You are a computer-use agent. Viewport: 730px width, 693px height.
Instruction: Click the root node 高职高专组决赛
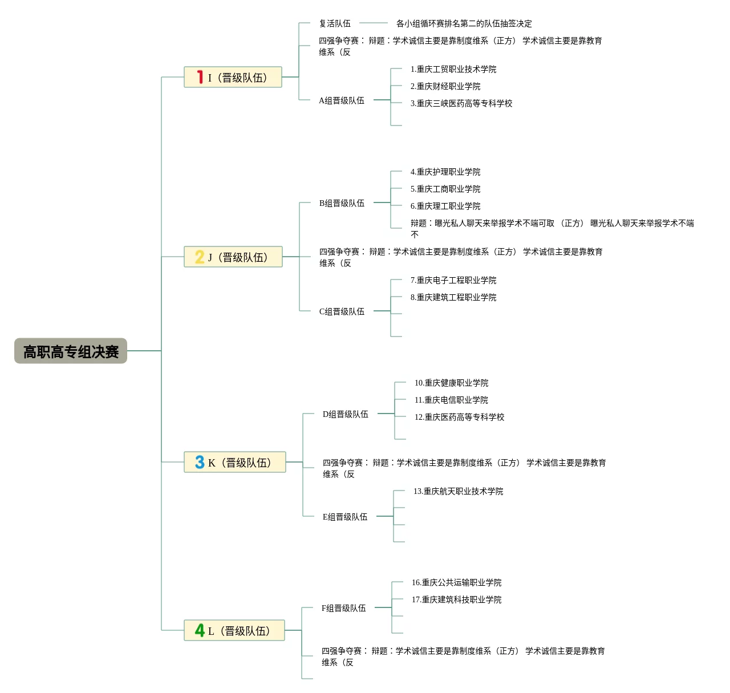71,351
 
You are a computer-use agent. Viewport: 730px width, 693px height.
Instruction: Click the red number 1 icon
200,77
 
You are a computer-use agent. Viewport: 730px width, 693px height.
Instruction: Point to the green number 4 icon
200,630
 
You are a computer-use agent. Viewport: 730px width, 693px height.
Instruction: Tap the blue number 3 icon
200,462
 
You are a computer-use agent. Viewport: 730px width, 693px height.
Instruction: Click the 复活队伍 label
335,23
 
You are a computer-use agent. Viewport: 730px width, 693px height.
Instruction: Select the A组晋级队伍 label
341,100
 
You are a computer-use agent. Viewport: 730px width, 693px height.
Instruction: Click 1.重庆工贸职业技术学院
453,69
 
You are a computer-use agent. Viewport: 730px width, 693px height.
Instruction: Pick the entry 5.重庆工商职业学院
445,189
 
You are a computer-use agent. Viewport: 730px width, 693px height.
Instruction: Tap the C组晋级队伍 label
342,311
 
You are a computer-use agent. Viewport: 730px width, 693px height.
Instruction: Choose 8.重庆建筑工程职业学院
453,297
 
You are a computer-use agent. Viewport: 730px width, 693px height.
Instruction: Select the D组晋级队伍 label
345,414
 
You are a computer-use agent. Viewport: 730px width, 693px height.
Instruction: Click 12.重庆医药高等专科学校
460,417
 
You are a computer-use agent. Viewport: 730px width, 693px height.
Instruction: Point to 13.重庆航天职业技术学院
459,491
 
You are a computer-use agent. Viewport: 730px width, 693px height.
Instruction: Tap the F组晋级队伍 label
343,608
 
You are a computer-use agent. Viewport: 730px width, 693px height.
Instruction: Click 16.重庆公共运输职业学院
457,582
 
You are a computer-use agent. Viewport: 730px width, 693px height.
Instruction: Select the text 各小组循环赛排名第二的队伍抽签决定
464,23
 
